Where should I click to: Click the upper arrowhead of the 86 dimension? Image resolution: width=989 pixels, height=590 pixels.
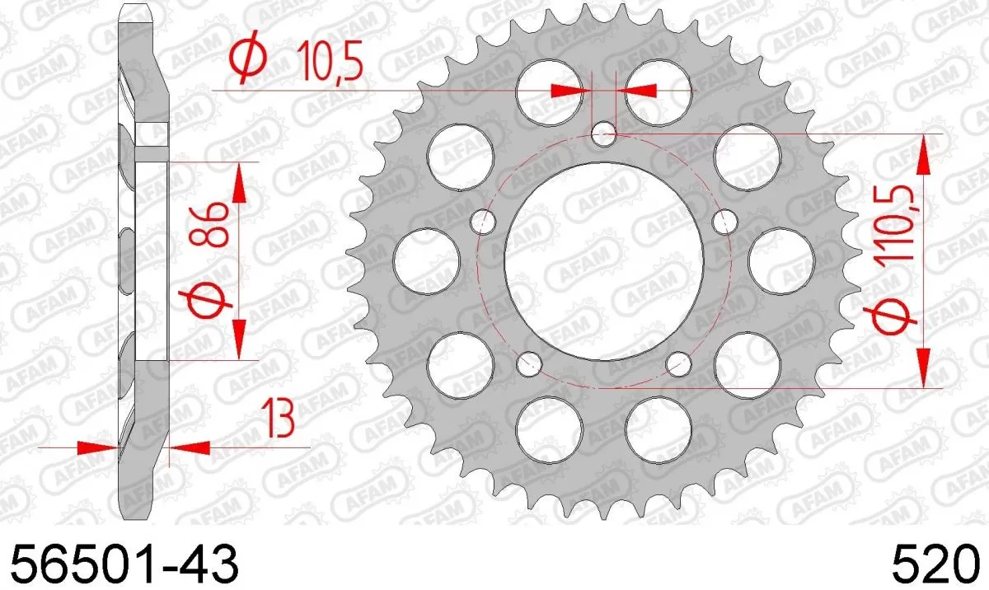click(x=241, y=182)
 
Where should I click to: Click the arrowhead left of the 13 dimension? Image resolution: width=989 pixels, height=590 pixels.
click(x=97, y=447)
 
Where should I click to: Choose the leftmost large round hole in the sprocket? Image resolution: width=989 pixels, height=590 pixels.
click(x=426, y=260)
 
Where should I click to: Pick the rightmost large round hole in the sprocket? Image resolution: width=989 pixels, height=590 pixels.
click(x=781, y=260)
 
